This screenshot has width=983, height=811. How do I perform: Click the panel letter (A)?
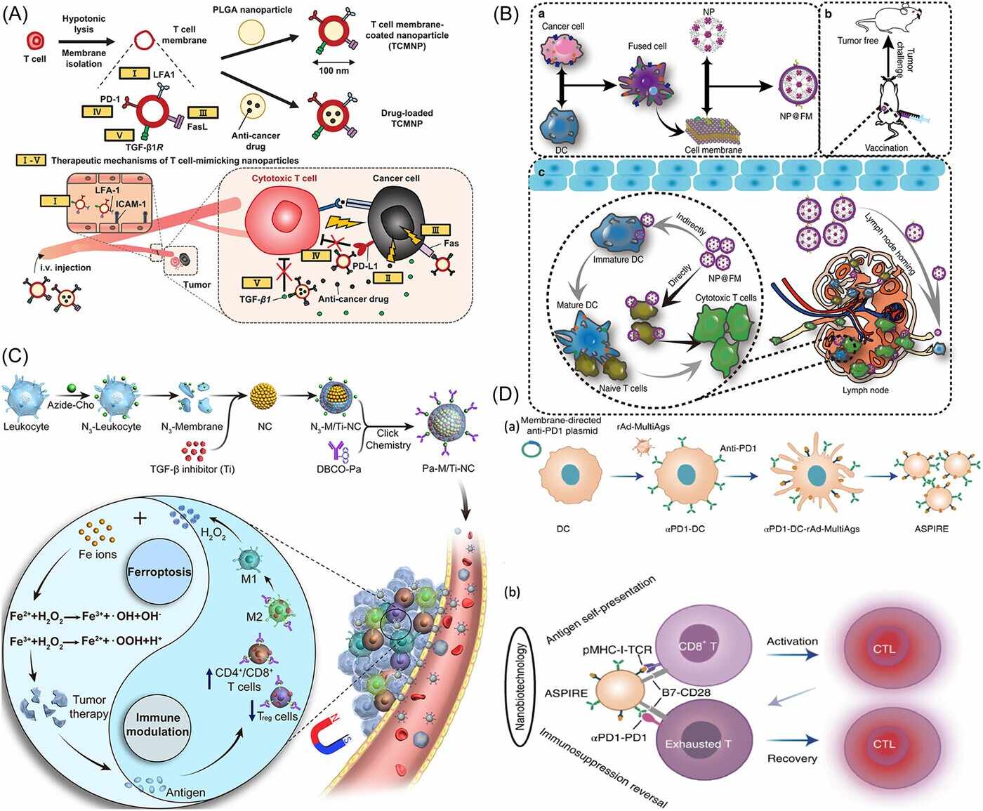click(x=15, y=15)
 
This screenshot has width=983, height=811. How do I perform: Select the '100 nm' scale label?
click(x=334, y=71)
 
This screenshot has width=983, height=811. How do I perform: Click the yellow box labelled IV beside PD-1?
click(x=98, y=112)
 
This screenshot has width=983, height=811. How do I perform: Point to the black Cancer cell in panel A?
click(x=397, y=221)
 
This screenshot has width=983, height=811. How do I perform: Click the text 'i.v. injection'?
click(x=69, y=268)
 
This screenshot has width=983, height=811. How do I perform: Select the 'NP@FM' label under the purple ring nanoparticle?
click(x=796, y=115)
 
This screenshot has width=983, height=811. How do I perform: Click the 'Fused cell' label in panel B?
click(x=647, y=46)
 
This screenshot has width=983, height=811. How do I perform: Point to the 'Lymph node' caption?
click(x=865, y=390)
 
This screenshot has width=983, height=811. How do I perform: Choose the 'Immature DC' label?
click(x=618, y=260)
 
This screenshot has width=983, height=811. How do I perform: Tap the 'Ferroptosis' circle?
click(x=159, y=572)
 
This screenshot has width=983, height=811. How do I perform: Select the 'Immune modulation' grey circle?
click(x=158, y=725)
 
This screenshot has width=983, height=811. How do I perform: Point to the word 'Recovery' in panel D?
click(x=792, y=758)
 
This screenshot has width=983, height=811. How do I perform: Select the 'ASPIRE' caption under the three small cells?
click(x=931, y=529)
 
